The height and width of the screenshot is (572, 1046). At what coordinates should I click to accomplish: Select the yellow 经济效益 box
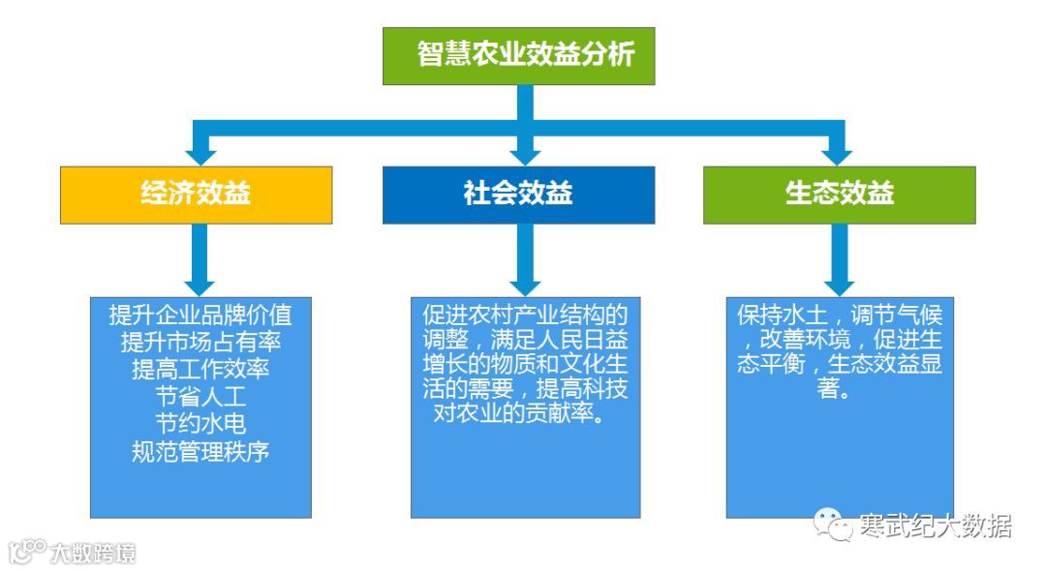pyautogui.click(x=196, y=194)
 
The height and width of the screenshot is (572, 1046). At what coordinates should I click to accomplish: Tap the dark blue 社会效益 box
pyautogui.click(x=518, y=194)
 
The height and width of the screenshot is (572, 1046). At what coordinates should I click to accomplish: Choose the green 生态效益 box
pyautogui.click(x=839, y=194)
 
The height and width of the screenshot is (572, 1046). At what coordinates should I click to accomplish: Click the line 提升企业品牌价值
pyautogui.click(x=200, y=316)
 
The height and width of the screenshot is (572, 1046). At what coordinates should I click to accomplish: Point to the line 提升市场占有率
pyautogui.click(x=200, y=343)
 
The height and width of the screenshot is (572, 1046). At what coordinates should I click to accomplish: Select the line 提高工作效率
pyautogui.click(x=200, y=370)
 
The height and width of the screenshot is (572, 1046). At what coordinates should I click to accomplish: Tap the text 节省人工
pyautogui.click(x=200, y=397)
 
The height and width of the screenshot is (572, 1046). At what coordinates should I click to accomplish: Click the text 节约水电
pyautogui.click(x=200, y=424)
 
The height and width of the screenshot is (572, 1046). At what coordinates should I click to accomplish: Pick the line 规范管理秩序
pyautogui.click(x=200, y=451)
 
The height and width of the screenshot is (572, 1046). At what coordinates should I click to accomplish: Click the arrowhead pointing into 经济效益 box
pyautogui.click(x=200, y=154)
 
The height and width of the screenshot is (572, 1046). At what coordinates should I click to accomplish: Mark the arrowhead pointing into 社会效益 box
pyautogui.click(x=524, y=154)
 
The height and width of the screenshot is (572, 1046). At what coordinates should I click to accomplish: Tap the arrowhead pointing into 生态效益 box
pyautogui.click(x=839, y=154)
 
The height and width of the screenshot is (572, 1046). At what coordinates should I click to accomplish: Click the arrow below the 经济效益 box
pyautogui.click(x=200, y=261)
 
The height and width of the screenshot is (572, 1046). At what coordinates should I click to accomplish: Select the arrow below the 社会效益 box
pyautogui.click(x=524, y=261)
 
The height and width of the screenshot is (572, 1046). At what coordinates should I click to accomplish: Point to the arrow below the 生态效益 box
pyautogui.click(x=839, y=261)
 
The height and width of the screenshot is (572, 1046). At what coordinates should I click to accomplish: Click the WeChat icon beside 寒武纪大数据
pyautogui.click(x=835, y=526)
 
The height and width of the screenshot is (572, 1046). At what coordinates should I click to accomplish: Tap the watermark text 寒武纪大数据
pyautogui.click(x=936, y=526)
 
